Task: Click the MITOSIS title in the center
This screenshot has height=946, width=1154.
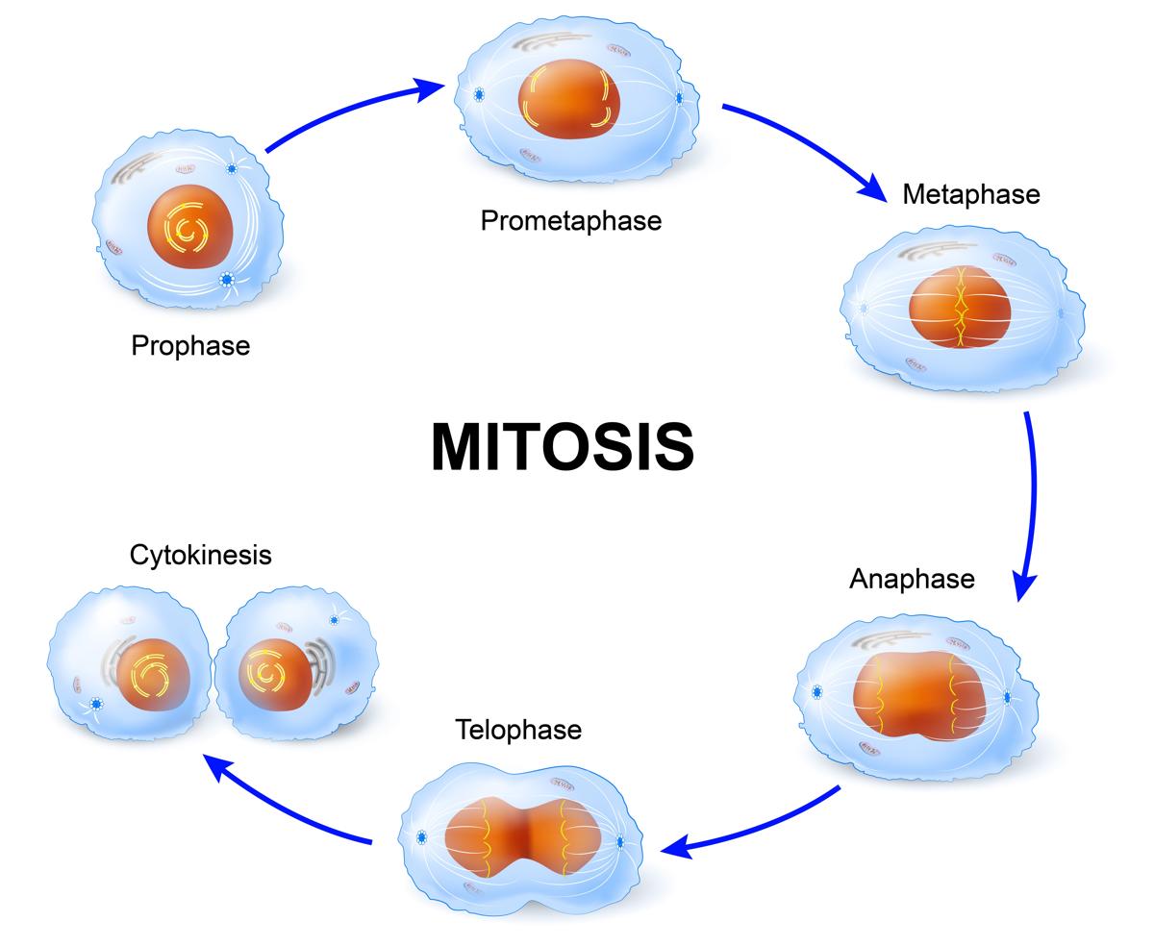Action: coord(563,447)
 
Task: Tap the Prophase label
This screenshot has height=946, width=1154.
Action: coord(190,345)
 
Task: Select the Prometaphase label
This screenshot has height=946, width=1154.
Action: coord(571,221)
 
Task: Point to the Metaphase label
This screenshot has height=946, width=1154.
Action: coord(971,194)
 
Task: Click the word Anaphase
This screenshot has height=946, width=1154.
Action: coord(912,579)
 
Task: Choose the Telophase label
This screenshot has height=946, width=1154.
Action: coord(518,730)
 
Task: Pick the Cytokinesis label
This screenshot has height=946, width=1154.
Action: coord(201,555)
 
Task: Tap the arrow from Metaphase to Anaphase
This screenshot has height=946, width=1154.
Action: coord(1030,500)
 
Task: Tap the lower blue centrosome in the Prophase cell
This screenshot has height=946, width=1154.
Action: coord(227,280)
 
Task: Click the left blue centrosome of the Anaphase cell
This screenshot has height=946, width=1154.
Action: coord(817,691)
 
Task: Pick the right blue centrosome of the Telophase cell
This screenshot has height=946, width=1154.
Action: coord(619,843)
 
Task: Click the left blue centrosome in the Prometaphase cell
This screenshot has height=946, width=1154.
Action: coord(478,95)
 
